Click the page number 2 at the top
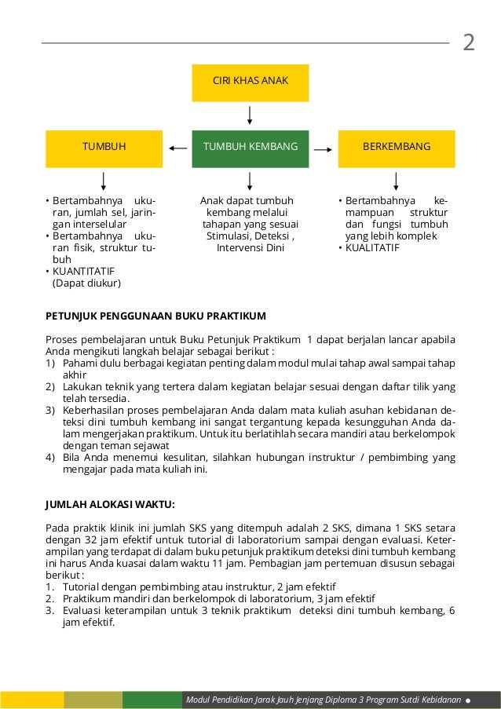coord(469,42)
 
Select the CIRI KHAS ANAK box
coord(250,82)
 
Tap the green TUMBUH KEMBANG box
coord(250,147)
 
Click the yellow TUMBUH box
coord(104,147)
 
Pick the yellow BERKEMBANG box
coord(396,147)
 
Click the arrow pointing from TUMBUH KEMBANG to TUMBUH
coord(178,147)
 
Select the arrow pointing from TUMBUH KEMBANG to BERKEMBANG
coord(323,147)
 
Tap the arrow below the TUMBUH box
coord(104,181)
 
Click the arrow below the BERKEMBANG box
coord(396,181)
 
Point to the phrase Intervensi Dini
coord(250,247)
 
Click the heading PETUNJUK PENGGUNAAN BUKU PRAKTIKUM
coord(155,316)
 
